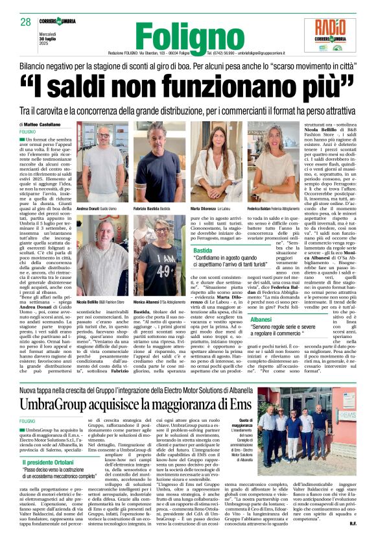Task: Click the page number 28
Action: tap(25, 22)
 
